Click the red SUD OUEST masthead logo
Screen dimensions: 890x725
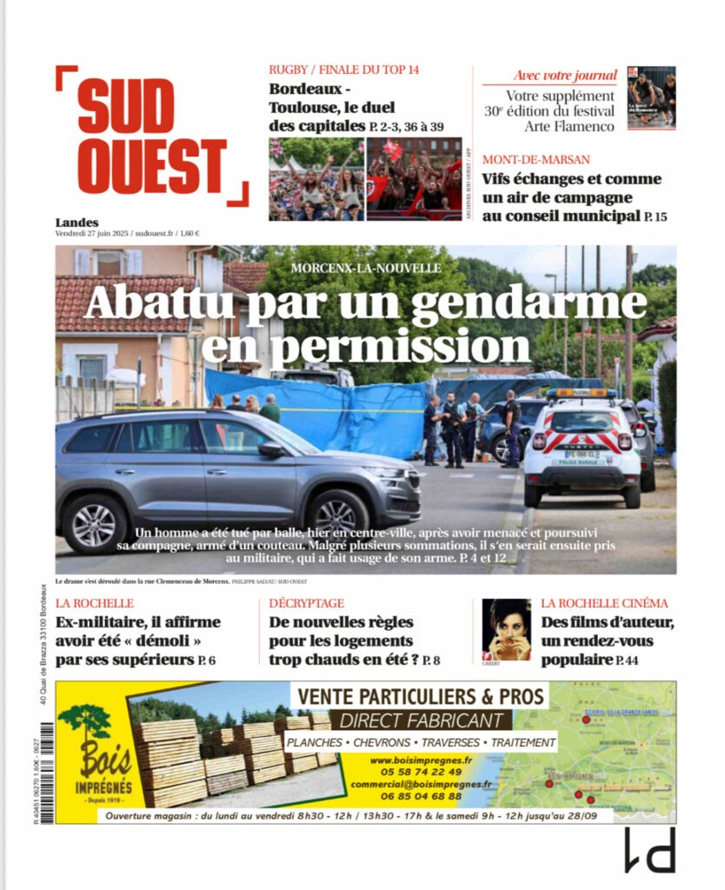coord(151,136)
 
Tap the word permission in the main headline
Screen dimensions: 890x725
coord(366,345)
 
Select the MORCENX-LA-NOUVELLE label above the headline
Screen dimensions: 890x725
coord(366,269)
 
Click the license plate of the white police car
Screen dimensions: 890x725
coord(582,454)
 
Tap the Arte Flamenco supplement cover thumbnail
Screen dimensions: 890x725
coord(651,97)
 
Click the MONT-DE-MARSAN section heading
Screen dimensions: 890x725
coord(536,160)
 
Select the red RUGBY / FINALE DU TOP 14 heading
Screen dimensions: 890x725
coord(344,70)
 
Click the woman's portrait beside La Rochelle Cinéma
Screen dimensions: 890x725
coord(506,628)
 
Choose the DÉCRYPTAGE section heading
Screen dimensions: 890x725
coord(307,603)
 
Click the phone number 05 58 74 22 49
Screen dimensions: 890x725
coord(416,772)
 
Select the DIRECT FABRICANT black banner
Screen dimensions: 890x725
coord(422,721)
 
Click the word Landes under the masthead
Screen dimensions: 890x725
coord(76,222)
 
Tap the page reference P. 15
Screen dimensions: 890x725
coord(655,216)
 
